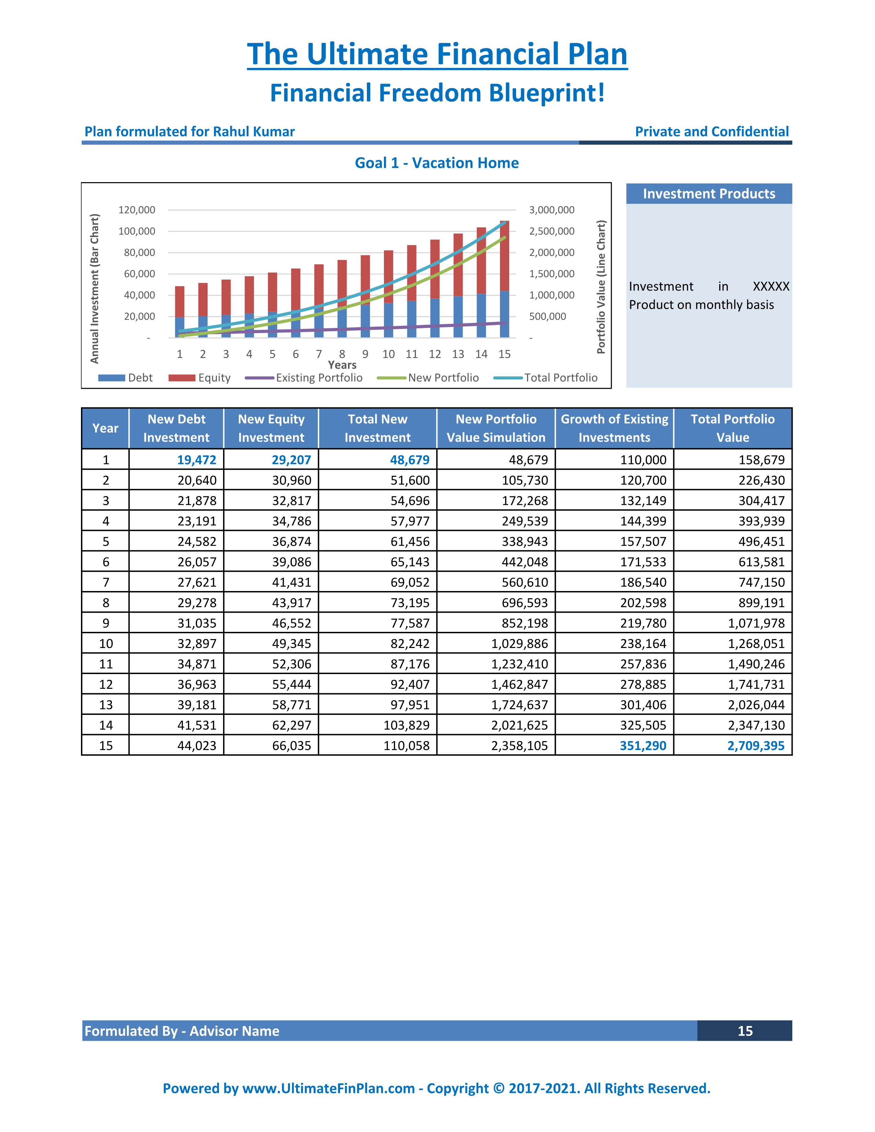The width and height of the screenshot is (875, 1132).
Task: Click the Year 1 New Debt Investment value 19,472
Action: [x=197, y=460]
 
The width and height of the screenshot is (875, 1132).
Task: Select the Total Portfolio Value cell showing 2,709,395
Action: [x=756, y=745]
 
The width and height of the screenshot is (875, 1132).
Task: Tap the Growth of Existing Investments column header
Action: [x=614, y=428]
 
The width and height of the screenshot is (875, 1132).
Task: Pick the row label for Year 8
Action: [x=106, y=603]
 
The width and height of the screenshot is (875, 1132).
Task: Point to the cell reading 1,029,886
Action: [x=520, y=644]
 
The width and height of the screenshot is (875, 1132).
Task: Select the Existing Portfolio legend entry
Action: [x=304, y=378]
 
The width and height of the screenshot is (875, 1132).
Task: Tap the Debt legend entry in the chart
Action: [x=126, y=378]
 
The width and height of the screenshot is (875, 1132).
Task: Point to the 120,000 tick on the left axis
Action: [x=137, y=210]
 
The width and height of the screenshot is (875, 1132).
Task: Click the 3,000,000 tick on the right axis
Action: [x=551, y=210]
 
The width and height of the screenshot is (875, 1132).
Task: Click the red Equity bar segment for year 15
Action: [x=504, y=256]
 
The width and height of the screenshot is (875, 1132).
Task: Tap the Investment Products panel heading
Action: [x=709, y=194]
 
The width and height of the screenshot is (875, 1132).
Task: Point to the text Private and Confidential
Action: [x=712, y=132]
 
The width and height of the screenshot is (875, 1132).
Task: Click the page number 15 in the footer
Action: [x=745, y=1031]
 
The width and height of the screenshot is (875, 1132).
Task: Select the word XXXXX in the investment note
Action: [x=771, y=287]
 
